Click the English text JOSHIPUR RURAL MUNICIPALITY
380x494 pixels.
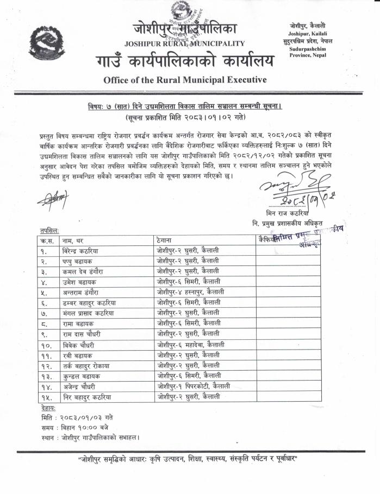(x=184, y=43)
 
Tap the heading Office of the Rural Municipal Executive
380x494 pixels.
(x=185, y=80)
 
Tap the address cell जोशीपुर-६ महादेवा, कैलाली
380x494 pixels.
(x=190, y=345)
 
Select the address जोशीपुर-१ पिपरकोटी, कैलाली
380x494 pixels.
(x=192, y=387)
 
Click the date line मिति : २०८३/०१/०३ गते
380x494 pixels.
(x=77, y=416)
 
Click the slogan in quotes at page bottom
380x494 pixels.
(x=189, y=459)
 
